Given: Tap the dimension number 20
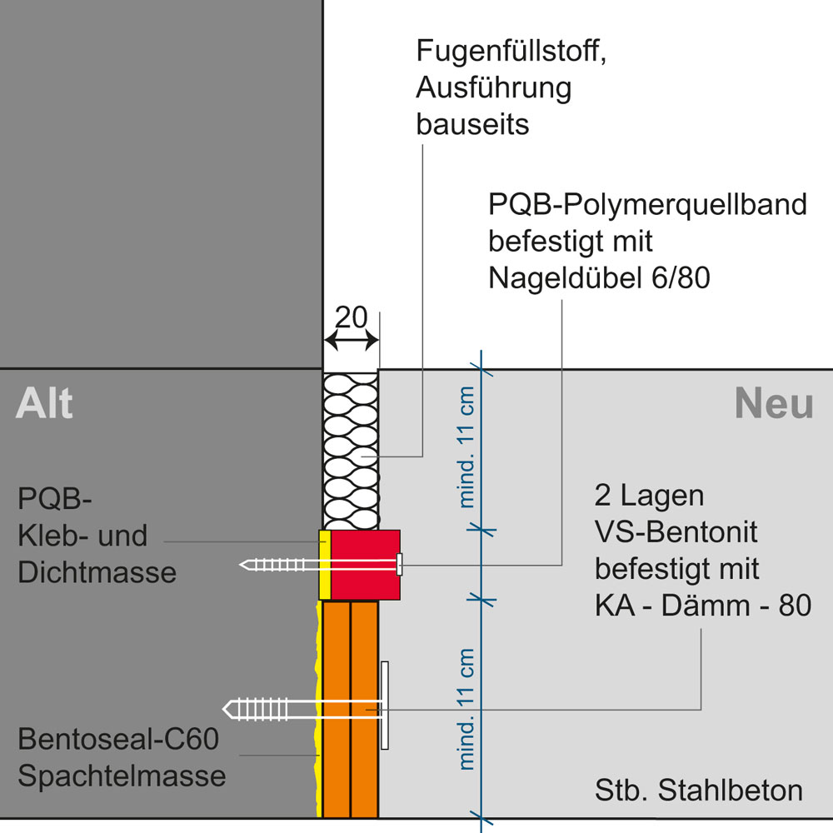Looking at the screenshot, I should [352, 317].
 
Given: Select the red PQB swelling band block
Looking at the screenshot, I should [365, 564].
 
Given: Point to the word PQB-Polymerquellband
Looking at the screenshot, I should [647, 205].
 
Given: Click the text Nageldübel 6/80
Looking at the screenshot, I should [599, 278].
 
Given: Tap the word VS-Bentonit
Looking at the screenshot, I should [676, 533].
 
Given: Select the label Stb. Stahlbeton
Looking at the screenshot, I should [699, 791].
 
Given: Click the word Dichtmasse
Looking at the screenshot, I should [97, 572].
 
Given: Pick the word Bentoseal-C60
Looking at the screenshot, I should [117, 739].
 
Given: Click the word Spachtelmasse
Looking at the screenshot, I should [122, 776].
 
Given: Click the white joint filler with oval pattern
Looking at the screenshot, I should [351, 450].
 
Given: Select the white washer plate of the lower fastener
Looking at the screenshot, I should [385, 705].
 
